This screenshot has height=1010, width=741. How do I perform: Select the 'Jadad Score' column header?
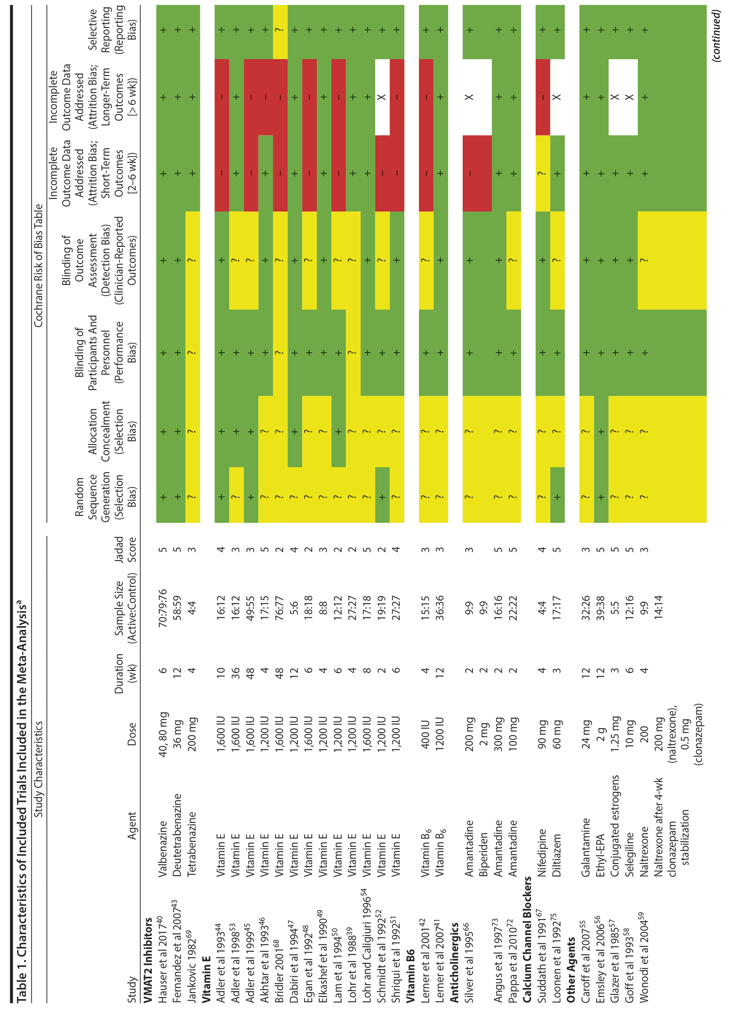click(x=125, y=549)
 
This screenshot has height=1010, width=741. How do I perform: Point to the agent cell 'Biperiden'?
click(x=484, y=855)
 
